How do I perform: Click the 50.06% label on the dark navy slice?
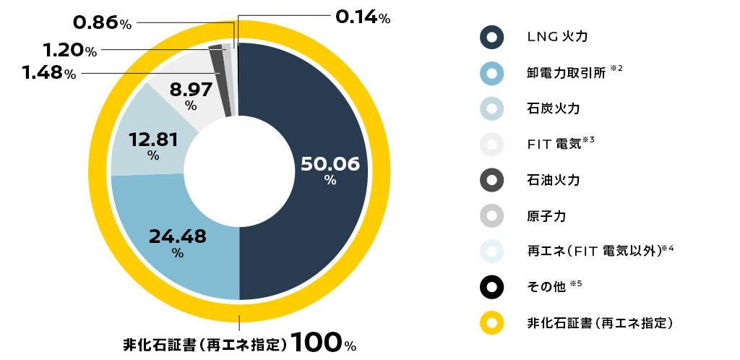click(330, 170)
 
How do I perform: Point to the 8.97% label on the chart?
click(191, 95)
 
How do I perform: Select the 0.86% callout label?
click(102, 23)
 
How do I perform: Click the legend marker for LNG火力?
click(491, 37)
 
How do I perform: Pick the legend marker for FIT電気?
click(491, 145)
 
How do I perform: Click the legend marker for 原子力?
click(491, 215)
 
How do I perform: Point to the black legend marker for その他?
click(491, 287)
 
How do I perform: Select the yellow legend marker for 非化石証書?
click(491, 322)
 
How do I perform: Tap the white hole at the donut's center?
click(239, 171)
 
